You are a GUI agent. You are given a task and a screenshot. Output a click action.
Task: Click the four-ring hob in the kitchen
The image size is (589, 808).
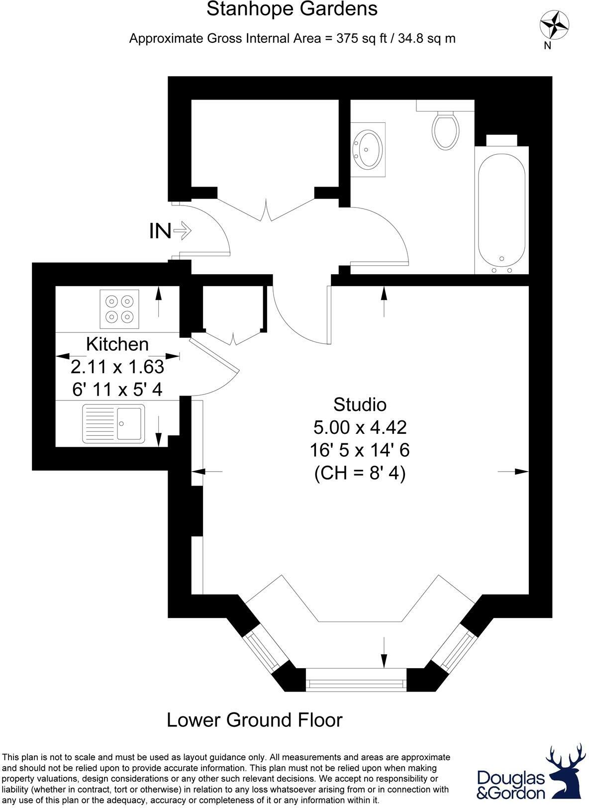click(119, 308)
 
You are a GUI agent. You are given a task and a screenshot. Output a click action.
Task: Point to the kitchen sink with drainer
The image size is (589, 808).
click(114, 423)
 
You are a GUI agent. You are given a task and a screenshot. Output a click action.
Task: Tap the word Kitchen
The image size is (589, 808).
click(117, 344)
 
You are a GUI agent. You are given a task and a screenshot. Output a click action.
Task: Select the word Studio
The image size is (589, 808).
click(360, 404)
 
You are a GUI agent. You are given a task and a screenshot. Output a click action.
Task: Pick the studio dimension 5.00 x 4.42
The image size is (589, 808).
click(360, 427)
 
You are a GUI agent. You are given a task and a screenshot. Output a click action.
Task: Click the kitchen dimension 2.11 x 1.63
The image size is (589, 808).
click(117, 367)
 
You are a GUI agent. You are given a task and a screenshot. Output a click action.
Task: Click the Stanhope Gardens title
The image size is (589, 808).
click(292, 9)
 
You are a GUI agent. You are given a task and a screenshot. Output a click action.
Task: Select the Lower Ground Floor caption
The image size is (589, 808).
click(254, 720)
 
